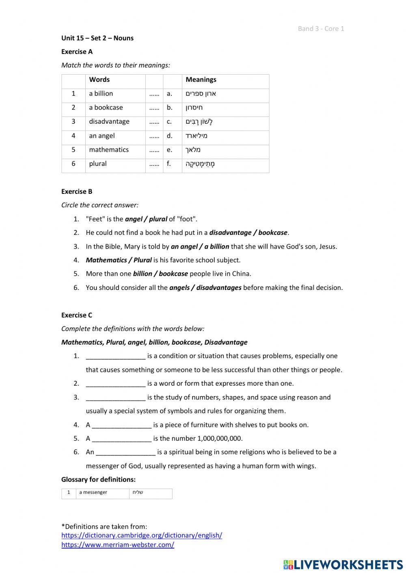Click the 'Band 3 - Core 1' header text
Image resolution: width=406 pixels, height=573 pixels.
pos(321,28)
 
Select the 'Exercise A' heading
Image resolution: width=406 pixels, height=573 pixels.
pos(77,52)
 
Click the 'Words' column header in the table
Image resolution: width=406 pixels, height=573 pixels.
pos(99,79)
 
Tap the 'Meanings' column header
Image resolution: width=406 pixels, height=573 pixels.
pos(201,79)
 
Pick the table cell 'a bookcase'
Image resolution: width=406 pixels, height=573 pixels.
pos(106,107)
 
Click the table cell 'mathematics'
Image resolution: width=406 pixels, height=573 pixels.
pos(109,150)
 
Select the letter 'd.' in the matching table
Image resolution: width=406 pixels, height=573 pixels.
pos(169,135)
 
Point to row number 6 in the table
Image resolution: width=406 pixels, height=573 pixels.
pos(73,163)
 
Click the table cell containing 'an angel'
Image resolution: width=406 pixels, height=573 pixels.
pos(102,135)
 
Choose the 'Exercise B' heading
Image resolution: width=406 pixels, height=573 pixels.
pos(77,191)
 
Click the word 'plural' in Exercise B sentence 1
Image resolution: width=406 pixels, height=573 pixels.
pos(158,219)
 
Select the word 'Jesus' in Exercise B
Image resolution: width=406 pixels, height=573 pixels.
pos(327,247)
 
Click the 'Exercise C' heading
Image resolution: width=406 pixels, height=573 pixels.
pos(77,315)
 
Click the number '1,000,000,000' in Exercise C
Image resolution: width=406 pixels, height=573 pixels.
pos(219,438)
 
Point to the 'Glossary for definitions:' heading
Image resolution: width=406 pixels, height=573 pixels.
pos(98,479)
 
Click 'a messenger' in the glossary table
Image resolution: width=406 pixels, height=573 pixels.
pos(93,492)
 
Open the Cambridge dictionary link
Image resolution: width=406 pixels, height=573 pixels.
pos(142,535)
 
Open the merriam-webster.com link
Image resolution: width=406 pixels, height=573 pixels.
pos(118,545)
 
